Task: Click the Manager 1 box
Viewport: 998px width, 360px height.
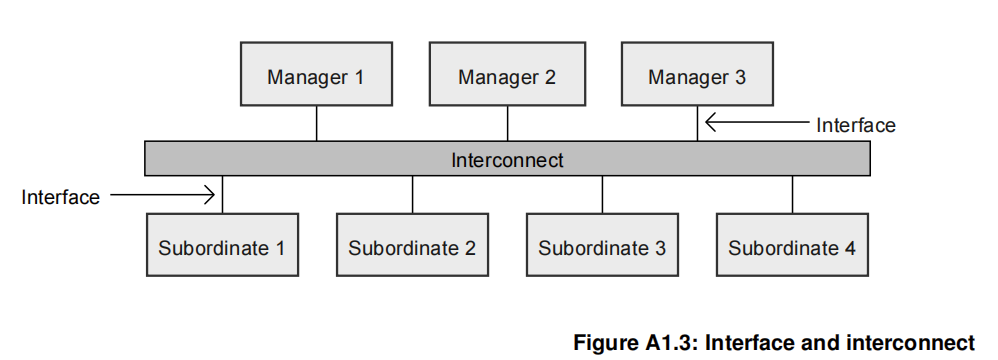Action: (316, 75)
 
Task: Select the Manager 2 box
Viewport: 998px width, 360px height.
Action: (507, 75)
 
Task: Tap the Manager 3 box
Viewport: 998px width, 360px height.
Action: (697, 75)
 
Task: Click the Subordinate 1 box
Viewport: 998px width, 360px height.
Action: (221, 245)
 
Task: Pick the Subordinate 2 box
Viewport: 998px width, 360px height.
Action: (412, 245)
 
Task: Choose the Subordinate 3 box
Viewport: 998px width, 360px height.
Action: (602, 245)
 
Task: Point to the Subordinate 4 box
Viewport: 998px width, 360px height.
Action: (792, 245)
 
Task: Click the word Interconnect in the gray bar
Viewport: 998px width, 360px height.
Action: (507, 159)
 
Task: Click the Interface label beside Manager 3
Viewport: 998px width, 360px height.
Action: (855, 125)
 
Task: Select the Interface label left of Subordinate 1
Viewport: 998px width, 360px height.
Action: (60, 197)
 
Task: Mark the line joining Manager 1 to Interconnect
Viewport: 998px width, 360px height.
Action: (317, 123)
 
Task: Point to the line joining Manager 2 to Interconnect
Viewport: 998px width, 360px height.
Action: (508, 123)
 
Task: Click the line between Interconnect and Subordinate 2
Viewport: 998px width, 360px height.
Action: (412, 195)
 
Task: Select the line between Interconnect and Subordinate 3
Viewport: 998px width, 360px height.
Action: (602, 195)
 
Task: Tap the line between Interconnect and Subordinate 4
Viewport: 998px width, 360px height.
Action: (793, 195)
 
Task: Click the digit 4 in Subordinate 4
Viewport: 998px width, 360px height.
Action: (849, 247)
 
